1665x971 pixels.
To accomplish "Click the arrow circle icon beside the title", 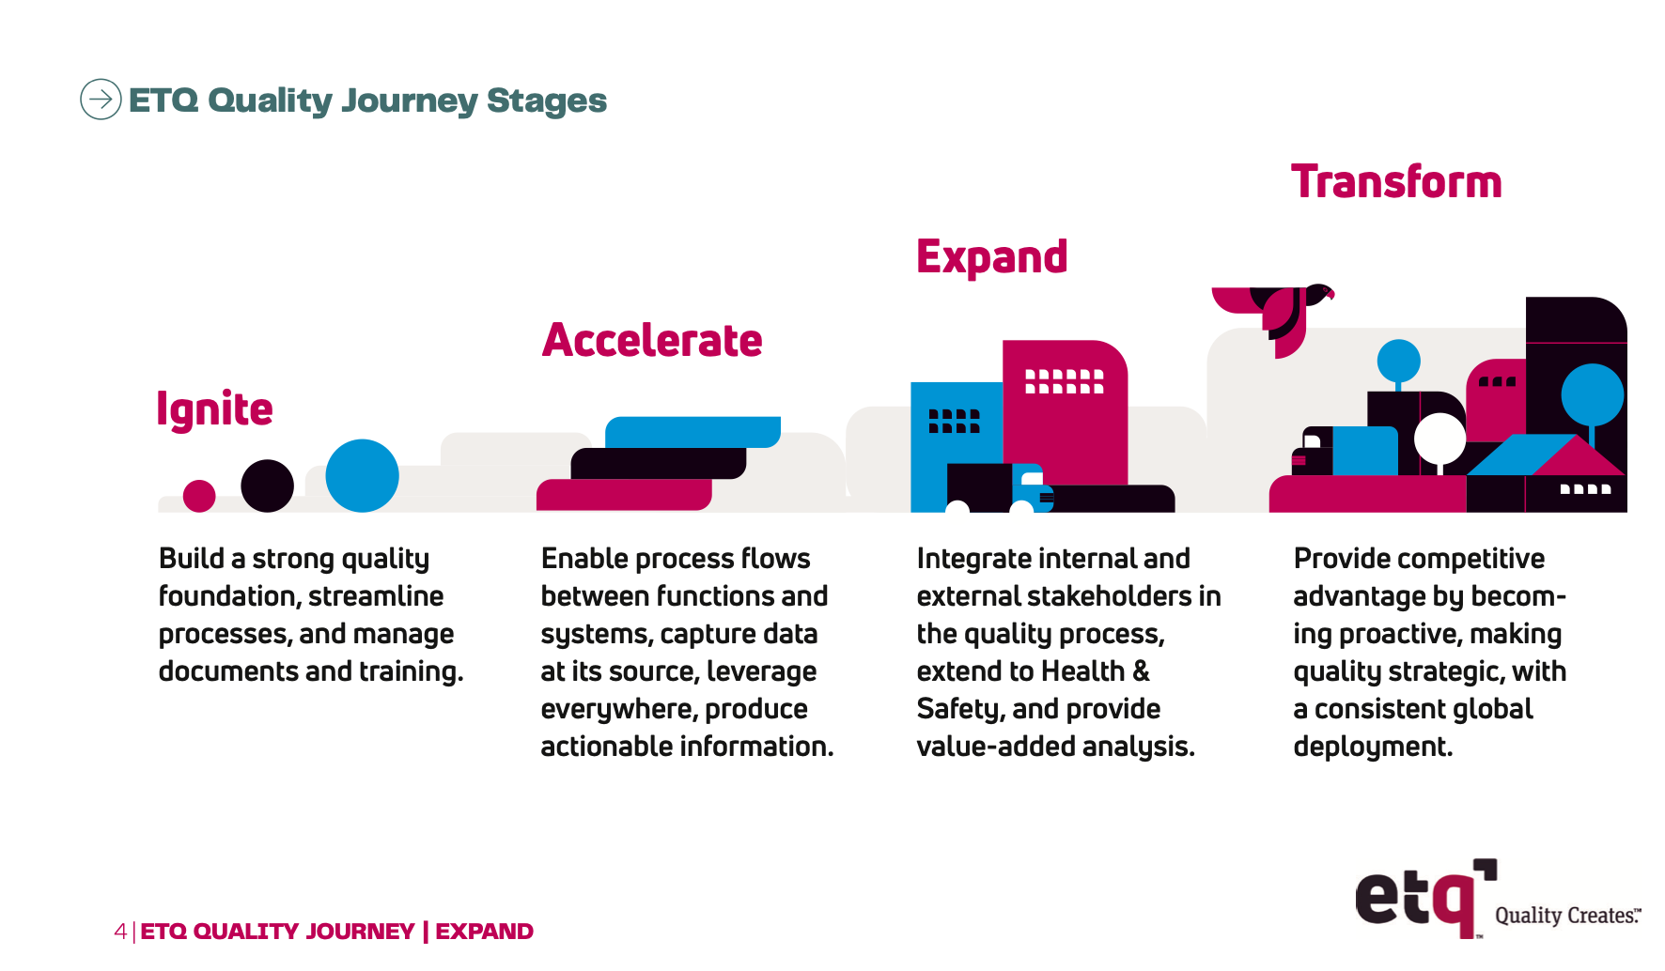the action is pos(101,99).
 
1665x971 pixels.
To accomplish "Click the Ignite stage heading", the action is pos(214,409).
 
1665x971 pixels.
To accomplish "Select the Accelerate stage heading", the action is pos(652,340).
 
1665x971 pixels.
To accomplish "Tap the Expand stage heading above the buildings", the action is pos(991,257).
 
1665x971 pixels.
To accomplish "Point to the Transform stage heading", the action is pos(1395,182).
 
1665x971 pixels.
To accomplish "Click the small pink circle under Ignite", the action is pos(199,495).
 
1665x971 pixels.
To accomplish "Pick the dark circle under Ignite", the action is pos(267,485).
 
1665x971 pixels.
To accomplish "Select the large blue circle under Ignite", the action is pos(362,475).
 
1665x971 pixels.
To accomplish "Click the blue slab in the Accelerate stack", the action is pos(692,432).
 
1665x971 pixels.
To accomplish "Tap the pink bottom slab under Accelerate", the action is pos(623,495).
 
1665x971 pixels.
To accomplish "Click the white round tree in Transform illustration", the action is pos(1439,438).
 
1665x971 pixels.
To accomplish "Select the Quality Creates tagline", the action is pos(1566,916).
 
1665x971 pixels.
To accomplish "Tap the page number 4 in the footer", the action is pos(120,932).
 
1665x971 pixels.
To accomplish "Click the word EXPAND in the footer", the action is pos(484,932).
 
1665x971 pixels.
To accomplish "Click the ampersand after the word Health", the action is pos(1141,671).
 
